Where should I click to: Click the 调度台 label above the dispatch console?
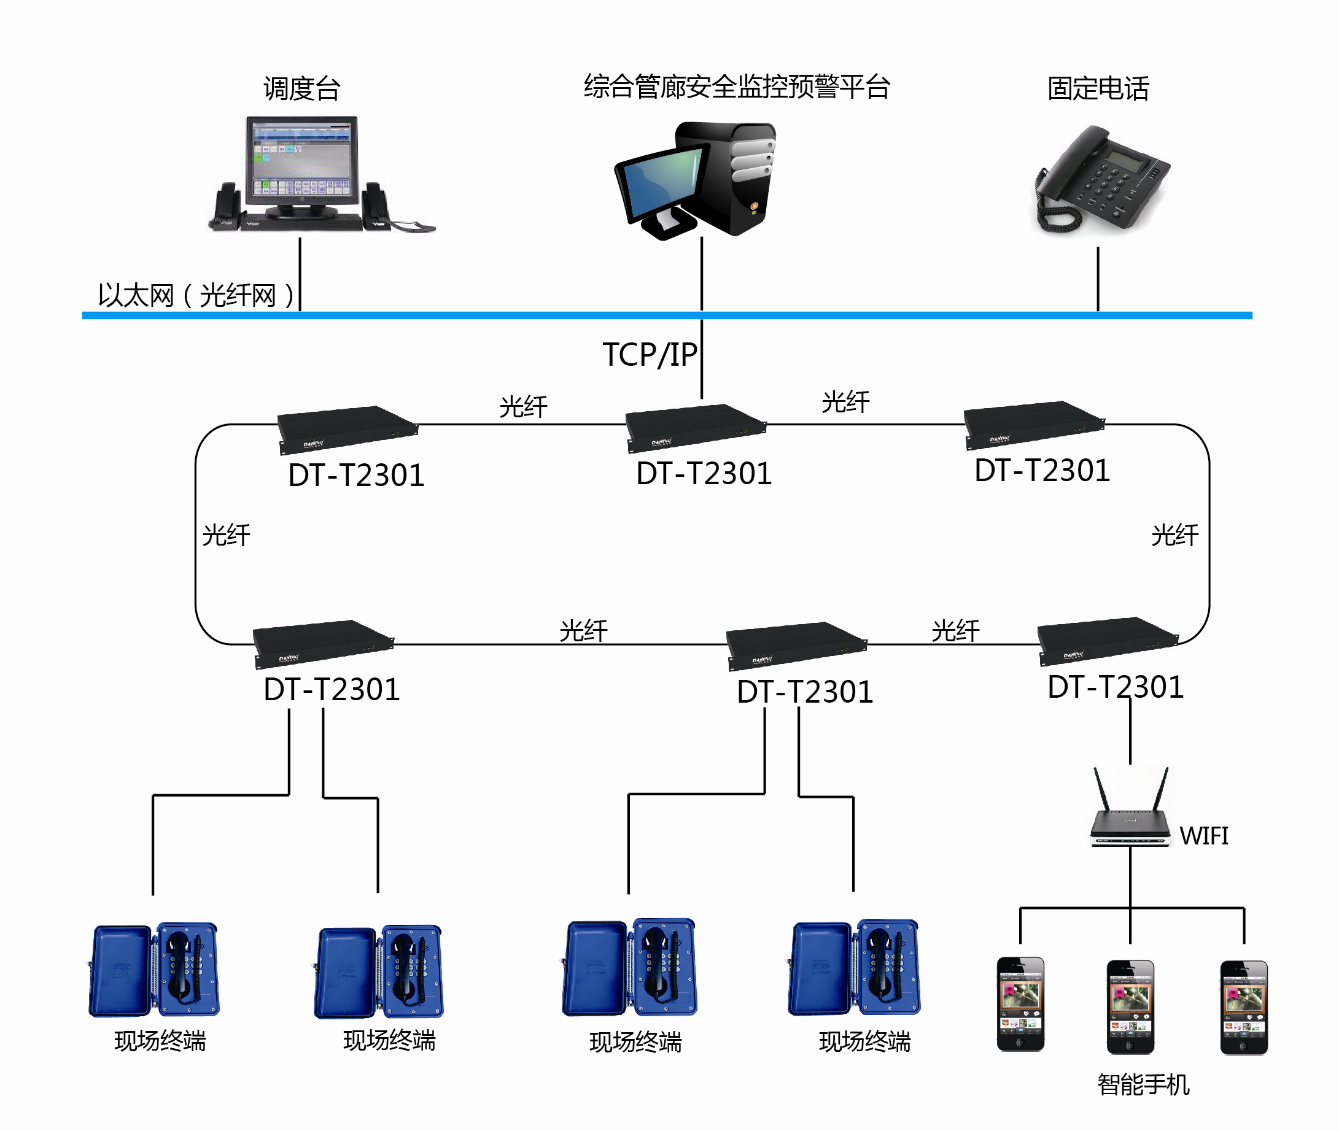tap(301, 88)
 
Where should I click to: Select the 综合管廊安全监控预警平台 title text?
tap(736, 87)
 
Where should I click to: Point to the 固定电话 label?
tap(1098, 88)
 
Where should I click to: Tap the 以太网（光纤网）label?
tap(196, 296)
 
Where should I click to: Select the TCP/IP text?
tap(650, 355)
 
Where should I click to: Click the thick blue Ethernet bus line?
tap(513, 315)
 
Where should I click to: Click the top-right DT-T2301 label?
tap(1042, 471)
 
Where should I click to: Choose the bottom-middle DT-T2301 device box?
tap(796, 644)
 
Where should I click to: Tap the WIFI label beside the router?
tap(1204, 836)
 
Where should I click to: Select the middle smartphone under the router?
tap(1130, 1006)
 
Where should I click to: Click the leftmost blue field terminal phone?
tap(154, 970)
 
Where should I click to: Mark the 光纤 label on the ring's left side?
tap(227, 535)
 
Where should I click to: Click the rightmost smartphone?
tap(1243, 1006)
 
